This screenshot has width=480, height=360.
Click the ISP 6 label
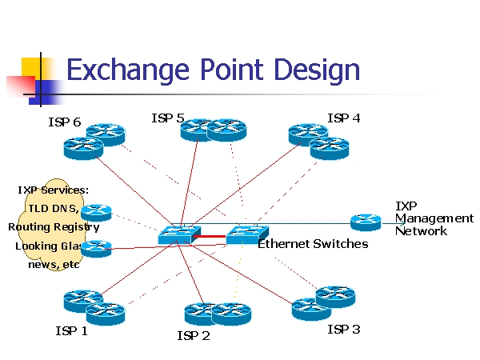coord(64,122)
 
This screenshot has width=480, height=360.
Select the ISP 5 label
coord(167,118)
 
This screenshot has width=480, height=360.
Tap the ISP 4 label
coord(343,118)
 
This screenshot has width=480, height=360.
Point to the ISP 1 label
coord(71,330)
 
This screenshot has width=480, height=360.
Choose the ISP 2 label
coord(193,335)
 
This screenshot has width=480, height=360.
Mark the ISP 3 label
coord(343,329)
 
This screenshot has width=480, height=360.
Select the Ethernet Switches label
coord(313,243)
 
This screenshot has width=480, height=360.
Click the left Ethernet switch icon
coord(174,234)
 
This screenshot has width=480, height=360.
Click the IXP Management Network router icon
coord(366,222)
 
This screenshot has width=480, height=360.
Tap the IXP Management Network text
coord(433,218)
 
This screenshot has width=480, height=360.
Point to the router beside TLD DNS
coord(97,212)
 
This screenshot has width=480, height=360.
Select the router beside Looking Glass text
coord(97,248)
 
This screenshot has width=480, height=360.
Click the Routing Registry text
coord(54,227)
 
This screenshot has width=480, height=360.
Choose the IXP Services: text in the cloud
coord(53,190)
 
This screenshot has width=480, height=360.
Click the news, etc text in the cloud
coord(54,265)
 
